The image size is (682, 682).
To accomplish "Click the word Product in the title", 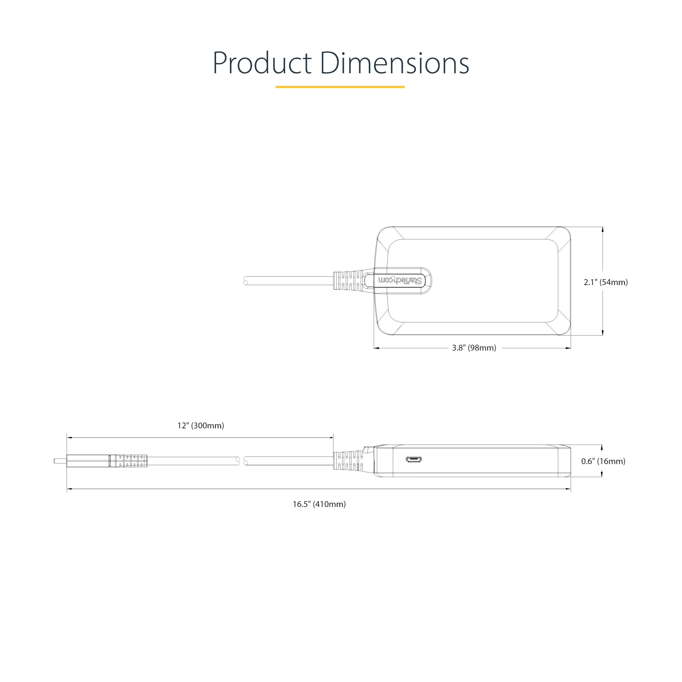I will point(262,64).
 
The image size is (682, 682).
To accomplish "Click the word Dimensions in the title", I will point(395,64).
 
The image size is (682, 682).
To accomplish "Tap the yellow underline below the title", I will point(340,87).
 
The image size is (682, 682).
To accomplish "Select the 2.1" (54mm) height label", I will point(606,282).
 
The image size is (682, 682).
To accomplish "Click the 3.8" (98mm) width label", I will point(474,348).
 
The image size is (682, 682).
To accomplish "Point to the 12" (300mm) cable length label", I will point(201,426).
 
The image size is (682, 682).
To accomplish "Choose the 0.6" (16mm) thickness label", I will point(603,461).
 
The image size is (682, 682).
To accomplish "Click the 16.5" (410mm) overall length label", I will point(319,504).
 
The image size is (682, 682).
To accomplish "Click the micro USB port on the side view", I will point(413,460).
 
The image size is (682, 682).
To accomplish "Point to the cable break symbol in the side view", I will point(242,461).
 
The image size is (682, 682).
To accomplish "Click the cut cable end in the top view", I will point(246,281).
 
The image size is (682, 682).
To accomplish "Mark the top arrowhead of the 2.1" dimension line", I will point(603,229).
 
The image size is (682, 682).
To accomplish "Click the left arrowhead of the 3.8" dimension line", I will point(377,348).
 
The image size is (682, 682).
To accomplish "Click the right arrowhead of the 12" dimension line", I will point(331,438).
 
